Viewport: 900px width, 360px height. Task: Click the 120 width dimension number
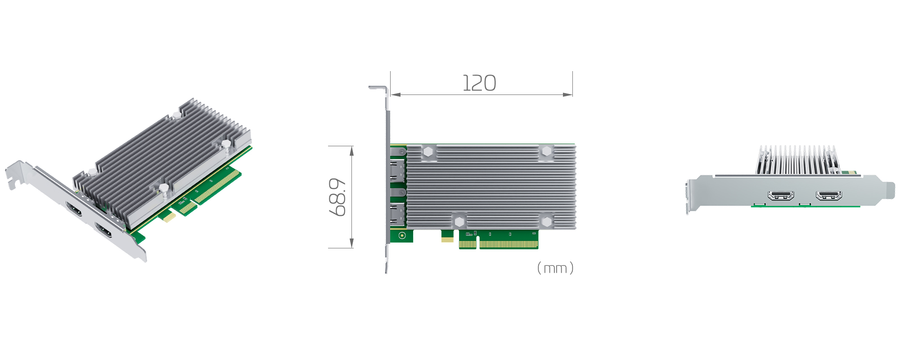(480, 83)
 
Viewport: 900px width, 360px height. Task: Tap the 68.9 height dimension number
(337, 197)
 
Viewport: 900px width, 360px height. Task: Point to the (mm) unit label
(555, 268)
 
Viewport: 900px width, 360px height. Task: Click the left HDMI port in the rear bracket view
(781, 195)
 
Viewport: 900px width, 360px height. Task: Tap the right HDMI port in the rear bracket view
(829, 195)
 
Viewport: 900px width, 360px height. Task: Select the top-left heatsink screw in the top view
(428, 152)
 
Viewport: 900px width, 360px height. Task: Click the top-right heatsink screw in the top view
(546, 151)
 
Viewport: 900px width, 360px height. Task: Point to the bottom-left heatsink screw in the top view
(459, 221)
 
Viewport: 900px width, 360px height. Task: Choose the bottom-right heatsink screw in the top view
(546, 221)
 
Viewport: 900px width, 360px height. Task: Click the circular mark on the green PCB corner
(402, 235)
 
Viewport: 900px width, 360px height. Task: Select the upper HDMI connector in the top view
(397, 171)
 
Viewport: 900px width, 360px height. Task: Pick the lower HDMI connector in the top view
(397, 214)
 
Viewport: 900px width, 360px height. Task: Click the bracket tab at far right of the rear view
(889, 189)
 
